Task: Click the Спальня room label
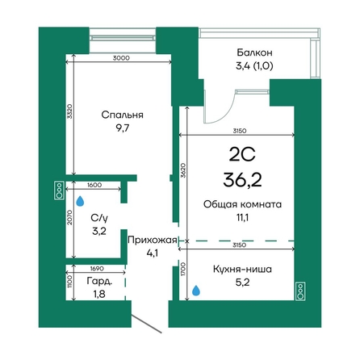(x=122, y=115)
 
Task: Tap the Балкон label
(x=254, y=52)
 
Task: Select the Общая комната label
(x=242, y=204)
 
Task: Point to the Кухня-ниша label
(x=242, y=269)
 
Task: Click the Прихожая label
(x=153, y=240)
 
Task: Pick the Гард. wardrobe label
(x=99, y=282)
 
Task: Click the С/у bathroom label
(x=99, y=218)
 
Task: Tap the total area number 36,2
(x=242, y=180)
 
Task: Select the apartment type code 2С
(x=242, y=154)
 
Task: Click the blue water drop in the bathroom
(x=80, y=201)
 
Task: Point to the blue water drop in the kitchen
(x=196, y=291)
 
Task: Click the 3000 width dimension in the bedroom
(x=121, y=58)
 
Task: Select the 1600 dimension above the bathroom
(x=94, y=185)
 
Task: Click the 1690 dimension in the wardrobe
(x=97, y=269)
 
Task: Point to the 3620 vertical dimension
(x=183, y=170)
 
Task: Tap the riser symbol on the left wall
(x=59, y=190)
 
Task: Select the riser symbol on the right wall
(x=300, y=291)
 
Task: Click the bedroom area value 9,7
(x=123, y=128)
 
